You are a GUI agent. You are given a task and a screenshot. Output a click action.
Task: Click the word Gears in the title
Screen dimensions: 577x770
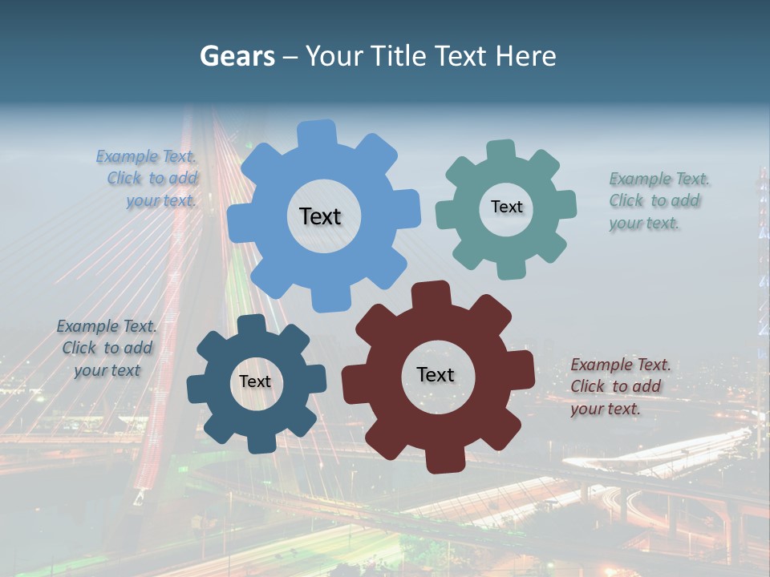(236, 56)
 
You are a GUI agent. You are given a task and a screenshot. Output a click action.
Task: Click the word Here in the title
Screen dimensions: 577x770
(525, 56)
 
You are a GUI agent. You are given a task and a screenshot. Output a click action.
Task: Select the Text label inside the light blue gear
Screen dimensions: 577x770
(320, 216)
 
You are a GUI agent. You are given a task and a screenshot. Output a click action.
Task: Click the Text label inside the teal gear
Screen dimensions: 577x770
(506, 207)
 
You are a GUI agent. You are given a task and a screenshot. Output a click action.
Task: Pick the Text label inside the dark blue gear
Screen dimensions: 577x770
(255, 381)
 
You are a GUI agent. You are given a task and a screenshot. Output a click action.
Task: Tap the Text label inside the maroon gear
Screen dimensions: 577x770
(436, 374)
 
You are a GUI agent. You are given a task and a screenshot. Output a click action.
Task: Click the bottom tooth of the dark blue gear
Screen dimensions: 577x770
(259, 442)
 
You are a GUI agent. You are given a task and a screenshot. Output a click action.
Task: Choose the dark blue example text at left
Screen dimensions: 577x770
(107, 348)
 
